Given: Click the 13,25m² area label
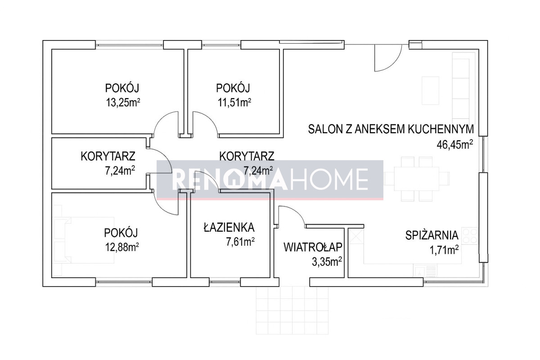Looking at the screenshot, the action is point(123,103).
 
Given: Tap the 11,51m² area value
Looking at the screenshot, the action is point(234,103).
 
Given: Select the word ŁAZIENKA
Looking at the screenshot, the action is point(229,227).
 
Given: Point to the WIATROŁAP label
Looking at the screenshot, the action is point(313,247).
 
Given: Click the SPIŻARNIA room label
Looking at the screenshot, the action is point(432,236).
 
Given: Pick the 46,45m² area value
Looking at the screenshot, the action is point(454,145).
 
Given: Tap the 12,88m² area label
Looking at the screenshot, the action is point(122,247).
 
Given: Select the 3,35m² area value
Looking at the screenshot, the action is point(327,262).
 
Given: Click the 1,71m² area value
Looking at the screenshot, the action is point(444,250).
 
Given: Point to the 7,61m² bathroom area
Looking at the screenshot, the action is point(240,242).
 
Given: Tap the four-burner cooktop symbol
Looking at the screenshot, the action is point(470,236).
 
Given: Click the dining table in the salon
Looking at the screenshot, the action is point(417,179).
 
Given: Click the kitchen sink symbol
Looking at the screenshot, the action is point(425,270).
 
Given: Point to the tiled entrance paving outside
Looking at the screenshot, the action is point(292,310).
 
